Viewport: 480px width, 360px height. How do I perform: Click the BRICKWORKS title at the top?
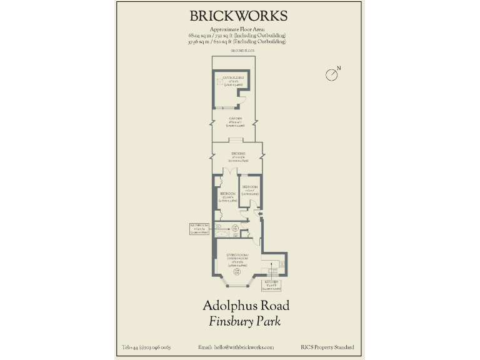pos(238,16)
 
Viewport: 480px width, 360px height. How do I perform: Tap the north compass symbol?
pos(332,74)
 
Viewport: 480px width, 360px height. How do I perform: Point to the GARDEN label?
pos(235,119)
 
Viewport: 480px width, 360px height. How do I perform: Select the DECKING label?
pos(237,154)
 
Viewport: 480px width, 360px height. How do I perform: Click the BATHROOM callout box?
pos(201,229)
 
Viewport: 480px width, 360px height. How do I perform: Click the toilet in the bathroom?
pos(219,225)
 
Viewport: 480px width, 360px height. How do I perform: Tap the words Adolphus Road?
pos(245,306)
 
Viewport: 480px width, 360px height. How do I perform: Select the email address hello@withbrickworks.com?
pos(236,347)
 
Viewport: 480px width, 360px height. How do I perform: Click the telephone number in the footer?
pos(146,347)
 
